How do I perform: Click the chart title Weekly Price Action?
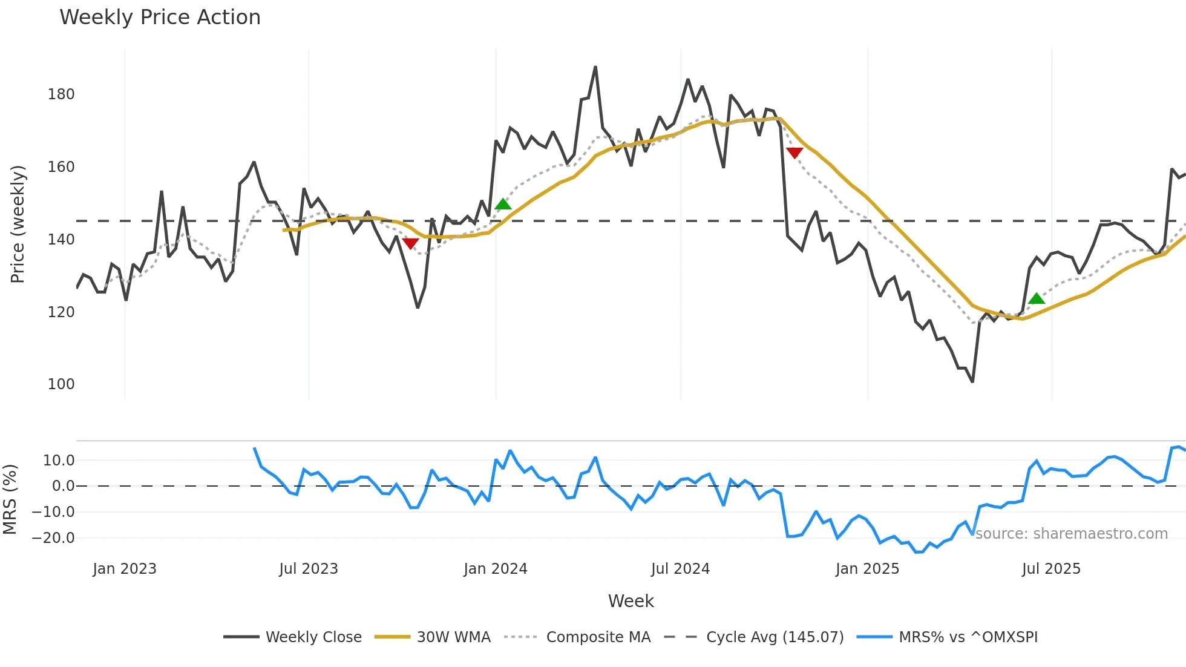tap(160, 18)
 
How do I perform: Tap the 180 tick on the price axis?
tap(61, 94)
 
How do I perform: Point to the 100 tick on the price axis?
tap(61, 384)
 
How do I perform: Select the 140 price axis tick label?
tap(61, 240)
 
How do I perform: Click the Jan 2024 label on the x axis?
tap(496, 569)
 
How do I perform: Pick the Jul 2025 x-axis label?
tap(1051, 569)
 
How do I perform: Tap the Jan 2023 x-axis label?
tap(125, 569)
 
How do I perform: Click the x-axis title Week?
tap(631, 601)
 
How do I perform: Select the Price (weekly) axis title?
tap(18, 224)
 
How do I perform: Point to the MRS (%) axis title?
tap(10, 499)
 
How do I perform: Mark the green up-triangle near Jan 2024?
tap(503, 205)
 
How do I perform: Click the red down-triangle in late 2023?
tap(410, 243)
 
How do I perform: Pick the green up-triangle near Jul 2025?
tap(1037, 298)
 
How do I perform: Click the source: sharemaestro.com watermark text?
tap(1071, 534)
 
